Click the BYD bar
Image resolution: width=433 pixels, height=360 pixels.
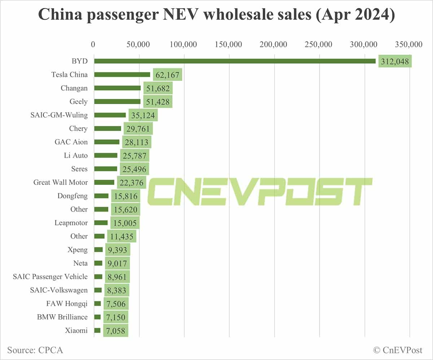(x=235, y=61)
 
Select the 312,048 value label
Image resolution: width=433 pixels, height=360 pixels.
(x=395, y=61)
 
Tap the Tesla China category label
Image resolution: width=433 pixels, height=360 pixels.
(x=69, y=75)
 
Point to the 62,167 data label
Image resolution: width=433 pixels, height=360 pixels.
(x=167, y=75)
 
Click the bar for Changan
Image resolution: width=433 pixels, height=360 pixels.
(x=117, y=88)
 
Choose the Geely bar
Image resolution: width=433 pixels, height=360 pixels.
(x=117, y=101)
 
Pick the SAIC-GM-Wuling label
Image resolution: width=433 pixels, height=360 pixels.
(x=59, y=115)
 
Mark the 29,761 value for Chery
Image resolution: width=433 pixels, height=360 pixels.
(x=138, y=129)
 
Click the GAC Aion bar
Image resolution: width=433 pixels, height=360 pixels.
(x=107, y=142)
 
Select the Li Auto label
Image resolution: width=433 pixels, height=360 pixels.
(x=75, y=155)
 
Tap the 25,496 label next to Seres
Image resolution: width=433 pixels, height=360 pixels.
(x=134, y=169)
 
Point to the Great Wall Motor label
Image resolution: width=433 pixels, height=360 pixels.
(x=61, y=182)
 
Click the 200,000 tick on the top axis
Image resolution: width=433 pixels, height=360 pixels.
(x=274, y=44)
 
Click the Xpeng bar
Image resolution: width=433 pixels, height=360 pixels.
(x=99, y=250)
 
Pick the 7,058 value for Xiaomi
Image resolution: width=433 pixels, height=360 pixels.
(x=115, y=330)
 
